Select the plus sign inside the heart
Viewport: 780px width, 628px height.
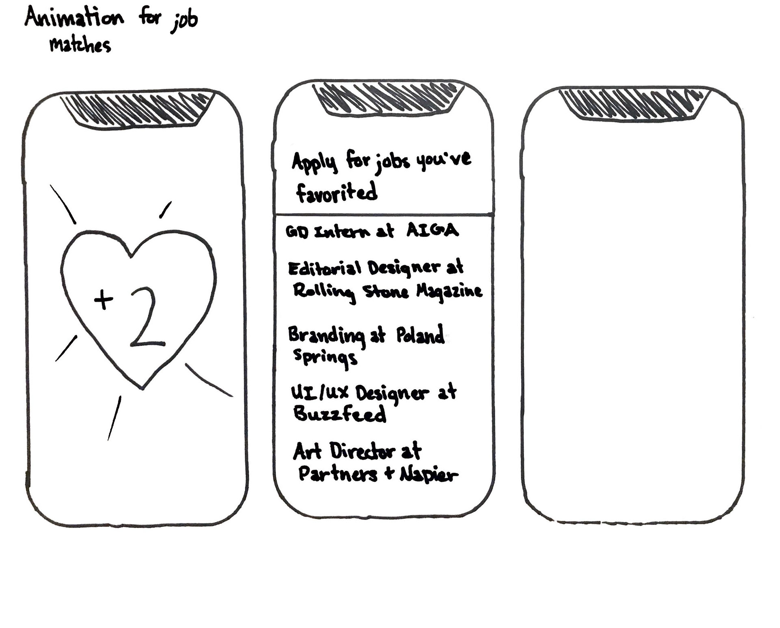coord(104,300)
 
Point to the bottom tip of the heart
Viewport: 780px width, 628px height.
coord(142,388)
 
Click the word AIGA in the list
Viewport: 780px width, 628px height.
coord(433,230)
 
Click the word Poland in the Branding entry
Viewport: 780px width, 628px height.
coord(420,335)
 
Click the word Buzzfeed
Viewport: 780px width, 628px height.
coord(340,414)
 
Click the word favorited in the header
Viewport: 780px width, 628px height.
coord(337,192)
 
